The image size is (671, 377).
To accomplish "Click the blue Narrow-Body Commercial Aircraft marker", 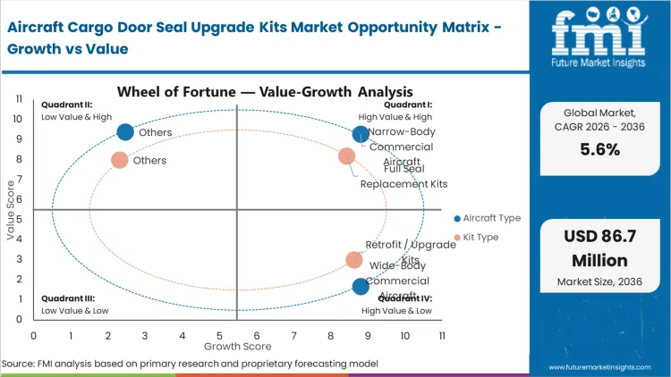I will [x=361, y=135].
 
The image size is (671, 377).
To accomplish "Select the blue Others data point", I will [x=125, y=132].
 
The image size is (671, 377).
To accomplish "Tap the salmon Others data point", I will [x=120, y=161].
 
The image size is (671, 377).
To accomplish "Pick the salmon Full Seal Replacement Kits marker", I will [x=347, y=157].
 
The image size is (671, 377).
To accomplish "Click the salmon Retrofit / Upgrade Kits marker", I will [x=354, y=260].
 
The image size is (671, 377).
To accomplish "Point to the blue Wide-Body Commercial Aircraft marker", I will [x=361, y=286].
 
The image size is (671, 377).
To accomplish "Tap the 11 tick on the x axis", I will [x=442, y=335].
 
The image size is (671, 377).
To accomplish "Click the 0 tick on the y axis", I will [x=20, y=320].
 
